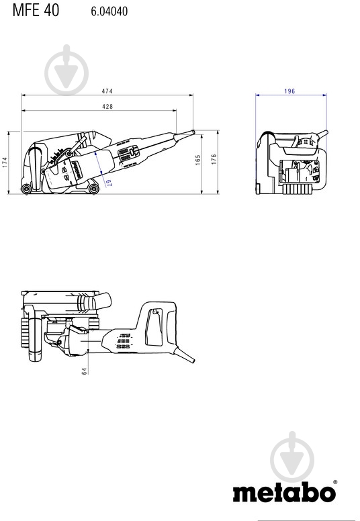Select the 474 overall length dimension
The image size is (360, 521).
click(x=107, y=91)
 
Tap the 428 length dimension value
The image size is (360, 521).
click(x=107, y=107)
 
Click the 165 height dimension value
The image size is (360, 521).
click(x=199, y=160)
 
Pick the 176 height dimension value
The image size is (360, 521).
click(x=214, y=160)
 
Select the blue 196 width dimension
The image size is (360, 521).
click(x=289, y=91)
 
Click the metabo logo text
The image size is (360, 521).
click(x=283, y=492)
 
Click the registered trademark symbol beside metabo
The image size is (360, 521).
click(x=334, y=481)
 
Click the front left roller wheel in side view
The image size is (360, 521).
click(x=26, y=189)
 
